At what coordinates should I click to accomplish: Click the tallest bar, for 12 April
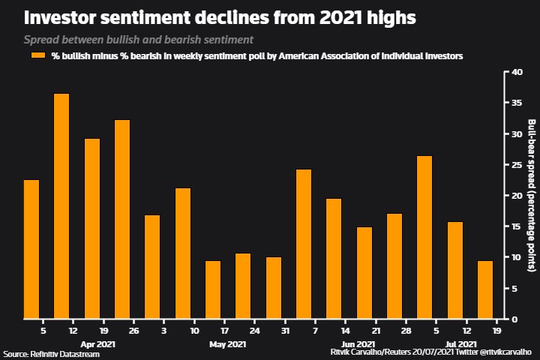[x=61, y=206]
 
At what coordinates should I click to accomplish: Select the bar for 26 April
[x=122, y=219]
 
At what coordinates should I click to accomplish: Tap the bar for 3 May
[x=152, y=266]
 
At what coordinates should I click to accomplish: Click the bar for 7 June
[x=304, y=244]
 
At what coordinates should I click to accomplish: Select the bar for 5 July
[x=424, y=237]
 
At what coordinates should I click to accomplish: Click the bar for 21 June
[x=364, y=272]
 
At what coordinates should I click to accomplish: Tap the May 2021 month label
[x=227, y=344]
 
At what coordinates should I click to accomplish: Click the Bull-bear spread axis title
[x=531, y=195]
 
